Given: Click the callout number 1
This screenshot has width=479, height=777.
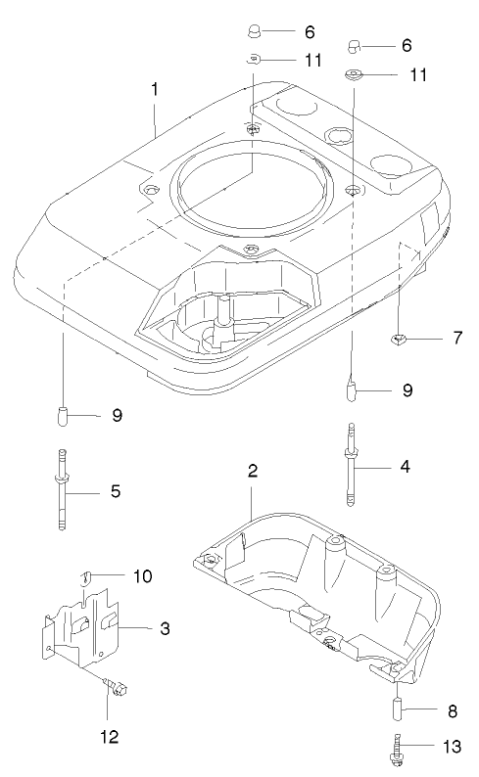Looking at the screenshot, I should [155, 88].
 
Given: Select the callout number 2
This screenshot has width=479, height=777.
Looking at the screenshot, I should [252, 472].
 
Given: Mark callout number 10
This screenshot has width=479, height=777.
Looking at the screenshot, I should [143, 575].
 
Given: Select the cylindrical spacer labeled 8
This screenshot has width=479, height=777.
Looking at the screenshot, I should [399, 708].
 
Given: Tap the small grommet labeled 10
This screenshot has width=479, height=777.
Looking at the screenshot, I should [87, 576].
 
